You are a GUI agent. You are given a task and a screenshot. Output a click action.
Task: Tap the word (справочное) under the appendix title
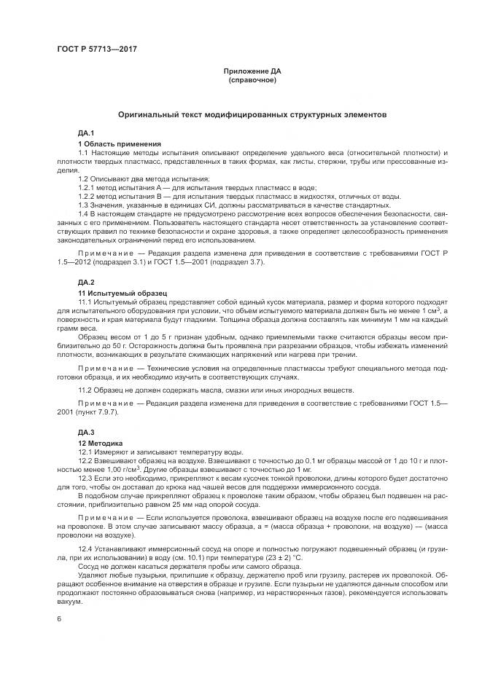(252, 80)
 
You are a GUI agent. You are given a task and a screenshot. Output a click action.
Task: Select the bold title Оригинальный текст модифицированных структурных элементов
(252, 115)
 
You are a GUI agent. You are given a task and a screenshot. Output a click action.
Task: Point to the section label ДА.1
(87, 133)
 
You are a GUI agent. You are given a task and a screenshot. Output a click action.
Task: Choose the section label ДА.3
(87, 433)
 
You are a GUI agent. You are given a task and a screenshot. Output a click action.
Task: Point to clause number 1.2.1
(88, 186)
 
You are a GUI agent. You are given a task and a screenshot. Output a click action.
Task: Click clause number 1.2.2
(88, 195)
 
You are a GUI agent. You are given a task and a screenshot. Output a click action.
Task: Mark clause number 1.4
(84, 213)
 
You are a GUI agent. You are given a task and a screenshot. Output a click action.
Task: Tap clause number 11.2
(86, 390)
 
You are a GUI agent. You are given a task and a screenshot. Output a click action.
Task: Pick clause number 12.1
(86, 452)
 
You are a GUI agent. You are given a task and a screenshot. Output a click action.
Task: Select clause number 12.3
(86, 479)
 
